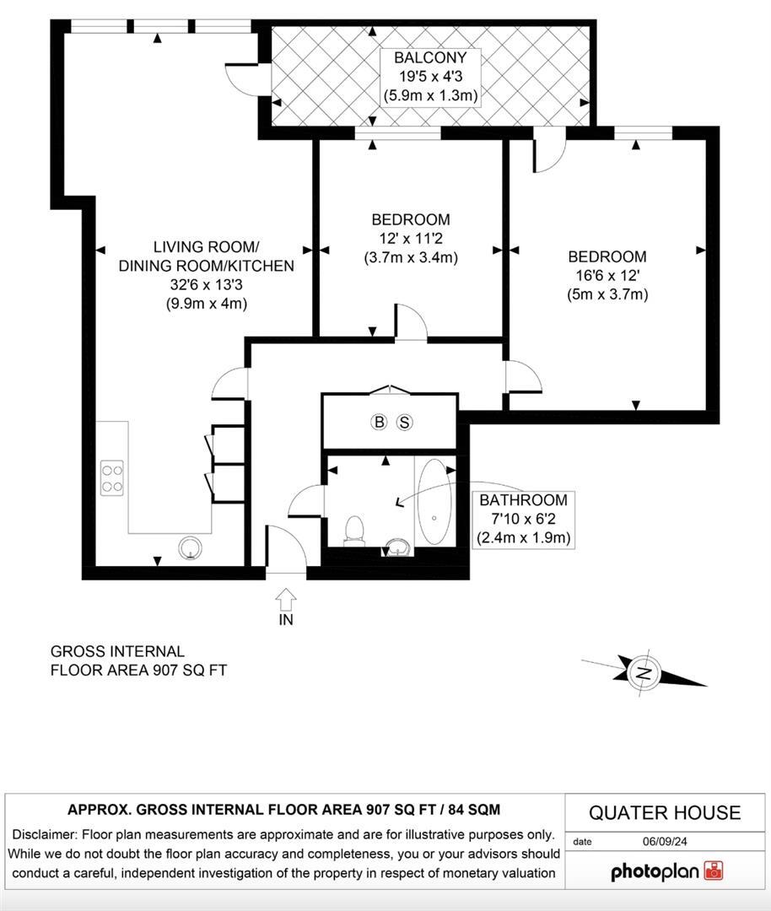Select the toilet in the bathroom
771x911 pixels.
355,530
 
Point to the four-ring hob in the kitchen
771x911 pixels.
113,478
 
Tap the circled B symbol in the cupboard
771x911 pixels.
379,422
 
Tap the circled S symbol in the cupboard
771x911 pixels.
404,422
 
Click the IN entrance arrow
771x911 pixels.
286,600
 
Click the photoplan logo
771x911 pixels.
666,871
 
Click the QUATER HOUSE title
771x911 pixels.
665,813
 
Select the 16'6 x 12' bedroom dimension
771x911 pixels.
607,276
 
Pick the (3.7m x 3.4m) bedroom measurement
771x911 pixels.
411,257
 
